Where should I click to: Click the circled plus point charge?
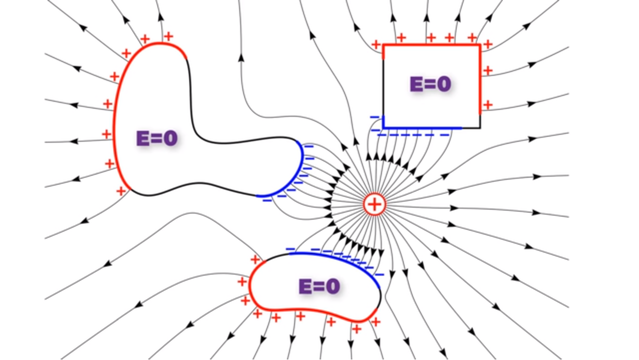click(x=374, y=204)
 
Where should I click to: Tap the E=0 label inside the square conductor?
click(x=430, y=84)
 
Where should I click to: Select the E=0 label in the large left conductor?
click(x=157, y=138)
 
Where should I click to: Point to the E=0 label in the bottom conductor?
click(x=319, y=286)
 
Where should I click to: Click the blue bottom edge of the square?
click(x=422, y=128)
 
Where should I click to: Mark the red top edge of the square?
click(x=432, y=45)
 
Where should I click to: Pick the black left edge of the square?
click(x=383, y=87)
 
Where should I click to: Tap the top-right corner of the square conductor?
click(x=480, y=45)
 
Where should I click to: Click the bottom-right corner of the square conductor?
click(x=480, y=128)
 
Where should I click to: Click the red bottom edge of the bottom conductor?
click(x=310, y=312)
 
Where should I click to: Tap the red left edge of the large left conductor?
click(x=114, y=125)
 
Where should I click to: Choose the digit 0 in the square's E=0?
click(x=444, y=84)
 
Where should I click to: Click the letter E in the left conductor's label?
click(x=143, y=138)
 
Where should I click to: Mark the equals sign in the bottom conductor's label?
click(x=319, y=287)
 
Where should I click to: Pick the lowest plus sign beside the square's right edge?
click(x=488, y=105)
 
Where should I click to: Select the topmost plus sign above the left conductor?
click(x=168, y=36)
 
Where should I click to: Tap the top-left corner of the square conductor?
click(x=383, y=45)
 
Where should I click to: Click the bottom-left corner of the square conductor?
click(x=383, y=128)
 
